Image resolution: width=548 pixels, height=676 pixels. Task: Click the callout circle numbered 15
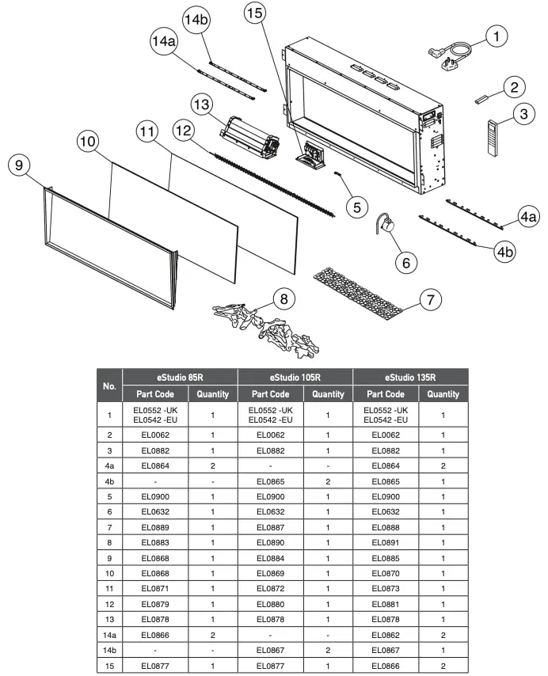255,14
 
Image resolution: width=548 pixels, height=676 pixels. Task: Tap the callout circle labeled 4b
506,251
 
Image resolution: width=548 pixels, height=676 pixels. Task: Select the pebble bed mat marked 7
364,287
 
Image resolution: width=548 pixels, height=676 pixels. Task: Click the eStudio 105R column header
295,378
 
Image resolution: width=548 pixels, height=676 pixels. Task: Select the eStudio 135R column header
410,378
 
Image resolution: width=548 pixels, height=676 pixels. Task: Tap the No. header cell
110,385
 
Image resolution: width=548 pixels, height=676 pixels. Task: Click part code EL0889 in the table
154,526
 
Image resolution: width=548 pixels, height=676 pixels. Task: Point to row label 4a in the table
110,466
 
